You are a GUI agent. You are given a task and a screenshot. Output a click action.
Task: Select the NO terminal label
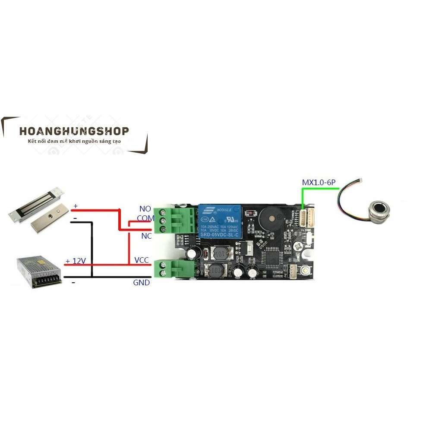point(145,209)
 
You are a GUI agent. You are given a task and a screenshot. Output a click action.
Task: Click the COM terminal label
point(145,218)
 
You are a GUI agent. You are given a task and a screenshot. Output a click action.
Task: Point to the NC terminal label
point(146,236)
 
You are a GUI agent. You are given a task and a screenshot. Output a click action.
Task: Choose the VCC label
point(142,260)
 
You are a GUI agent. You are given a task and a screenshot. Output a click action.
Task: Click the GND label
point(142,283)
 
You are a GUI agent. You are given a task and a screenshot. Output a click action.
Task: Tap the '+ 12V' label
point(76,261)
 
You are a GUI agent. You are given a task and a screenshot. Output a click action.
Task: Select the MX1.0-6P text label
point(319,183)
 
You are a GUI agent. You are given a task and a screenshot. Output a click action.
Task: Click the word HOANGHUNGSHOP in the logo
point(74,131)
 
